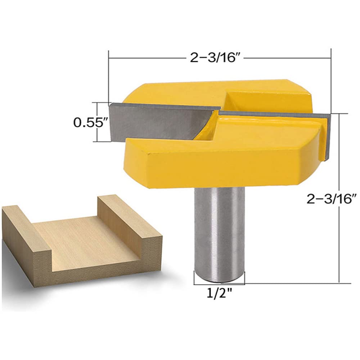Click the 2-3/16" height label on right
click(332, 199)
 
